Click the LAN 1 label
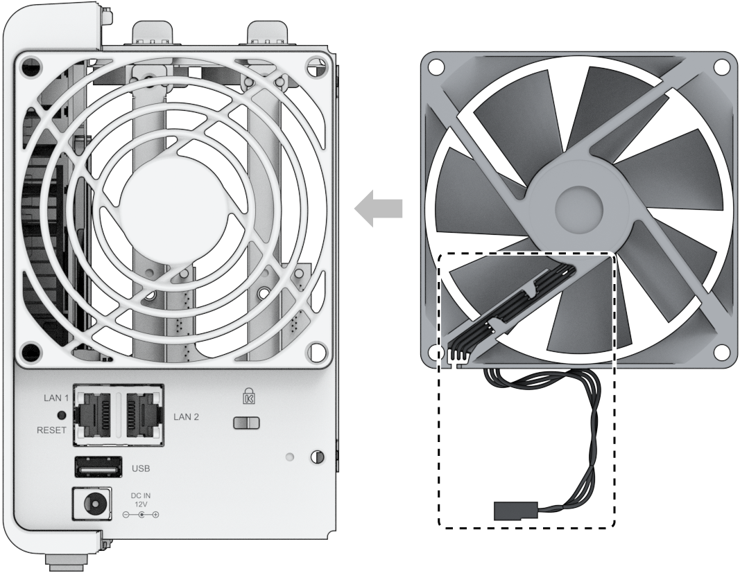coord(56,398)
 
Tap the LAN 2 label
coord(186,417)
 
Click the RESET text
coord(51,430)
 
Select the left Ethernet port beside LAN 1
coord(96,414)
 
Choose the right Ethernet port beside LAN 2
coord(141,414)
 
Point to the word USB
coord(141,468)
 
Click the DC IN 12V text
coord(141,500)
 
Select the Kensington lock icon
coord(248,396)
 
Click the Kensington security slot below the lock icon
coord(246,423)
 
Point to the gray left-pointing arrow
coord(379,209)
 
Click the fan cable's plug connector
coord(515,510)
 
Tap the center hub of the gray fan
coord(579,207)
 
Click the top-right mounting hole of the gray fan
coord(721,67)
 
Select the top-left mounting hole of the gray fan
coord(436,67)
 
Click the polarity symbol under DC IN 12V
coord(141,515)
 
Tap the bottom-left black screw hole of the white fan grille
coord(31,351)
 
